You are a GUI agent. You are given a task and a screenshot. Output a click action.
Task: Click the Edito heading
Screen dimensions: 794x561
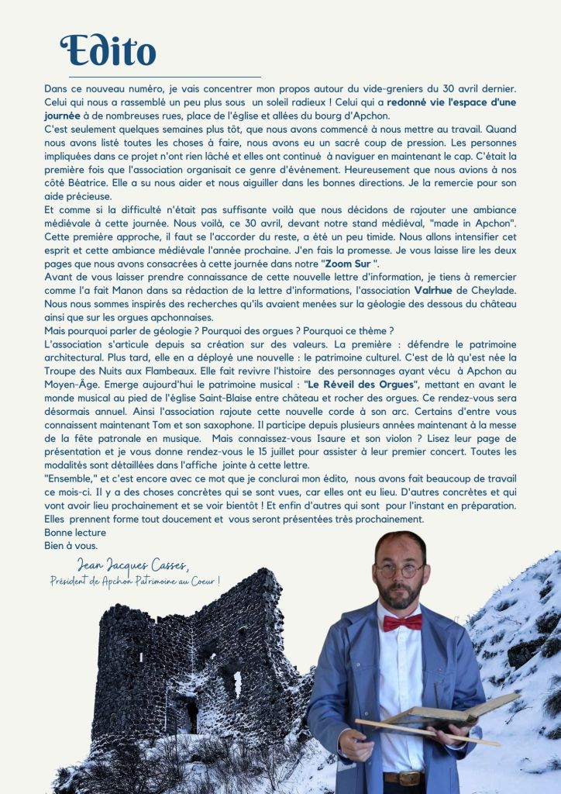click(x=108, y=50)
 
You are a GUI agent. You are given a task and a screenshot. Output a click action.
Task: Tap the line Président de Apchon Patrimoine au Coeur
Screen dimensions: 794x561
click(x=135, y=580)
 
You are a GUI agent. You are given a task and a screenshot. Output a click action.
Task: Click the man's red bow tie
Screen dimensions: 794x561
click(x=402, y=621)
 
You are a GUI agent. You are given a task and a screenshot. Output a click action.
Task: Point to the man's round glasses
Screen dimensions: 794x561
click(x=401, y=570)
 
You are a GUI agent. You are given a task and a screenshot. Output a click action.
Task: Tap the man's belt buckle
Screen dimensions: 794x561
click(x=409, y=778)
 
